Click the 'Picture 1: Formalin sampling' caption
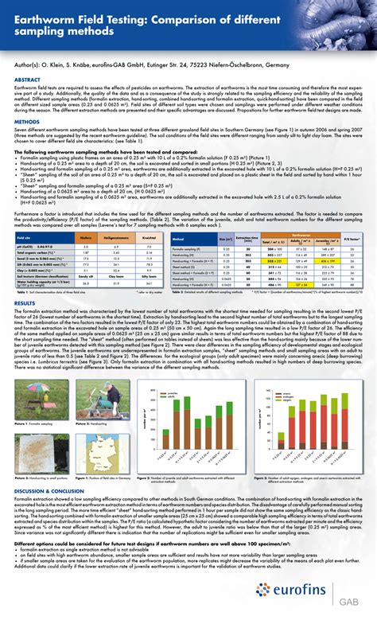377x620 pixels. click(x=33, y=424)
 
